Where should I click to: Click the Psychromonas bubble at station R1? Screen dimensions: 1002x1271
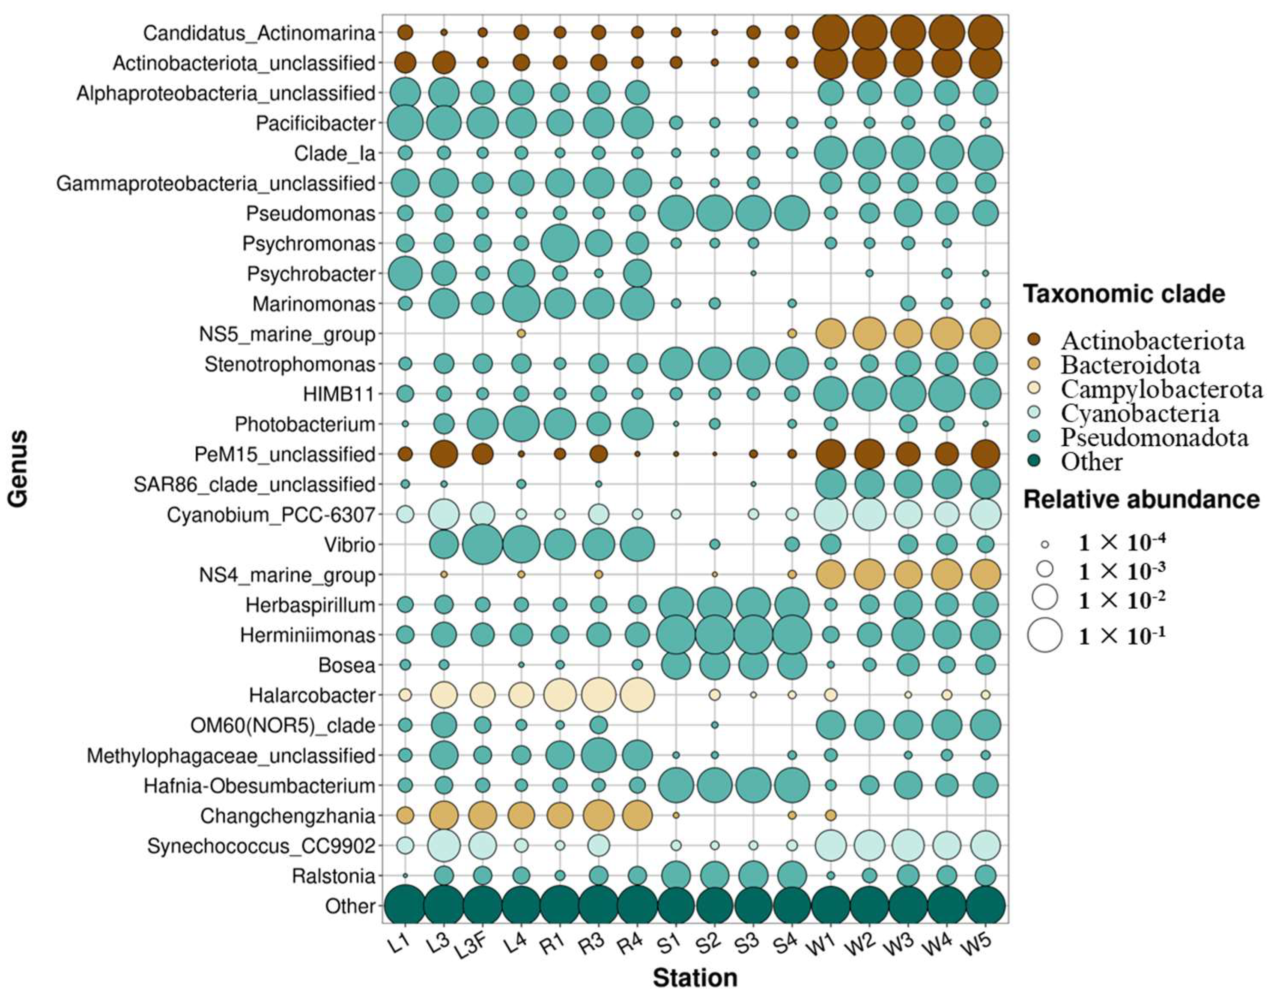tap(559, 243)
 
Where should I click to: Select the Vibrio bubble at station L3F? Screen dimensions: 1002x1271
tap(482, 544)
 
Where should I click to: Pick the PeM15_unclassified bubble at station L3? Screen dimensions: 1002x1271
tap(443, 454)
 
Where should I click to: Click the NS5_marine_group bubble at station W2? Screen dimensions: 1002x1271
tap(869, 333)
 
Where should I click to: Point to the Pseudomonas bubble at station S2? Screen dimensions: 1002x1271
tap(714, 213)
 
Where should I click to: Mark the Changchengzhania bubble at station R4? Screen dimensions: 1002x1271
tap(637, 815)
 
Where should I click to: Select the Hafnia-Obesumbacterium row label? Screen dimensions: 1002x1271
tap(259, 786)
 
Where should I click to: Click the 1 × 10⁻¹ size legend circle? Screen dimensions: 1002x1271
tap(1044, 635)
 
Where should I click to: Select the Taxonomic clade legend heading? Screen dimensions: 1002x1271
tap(1124, 294)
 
